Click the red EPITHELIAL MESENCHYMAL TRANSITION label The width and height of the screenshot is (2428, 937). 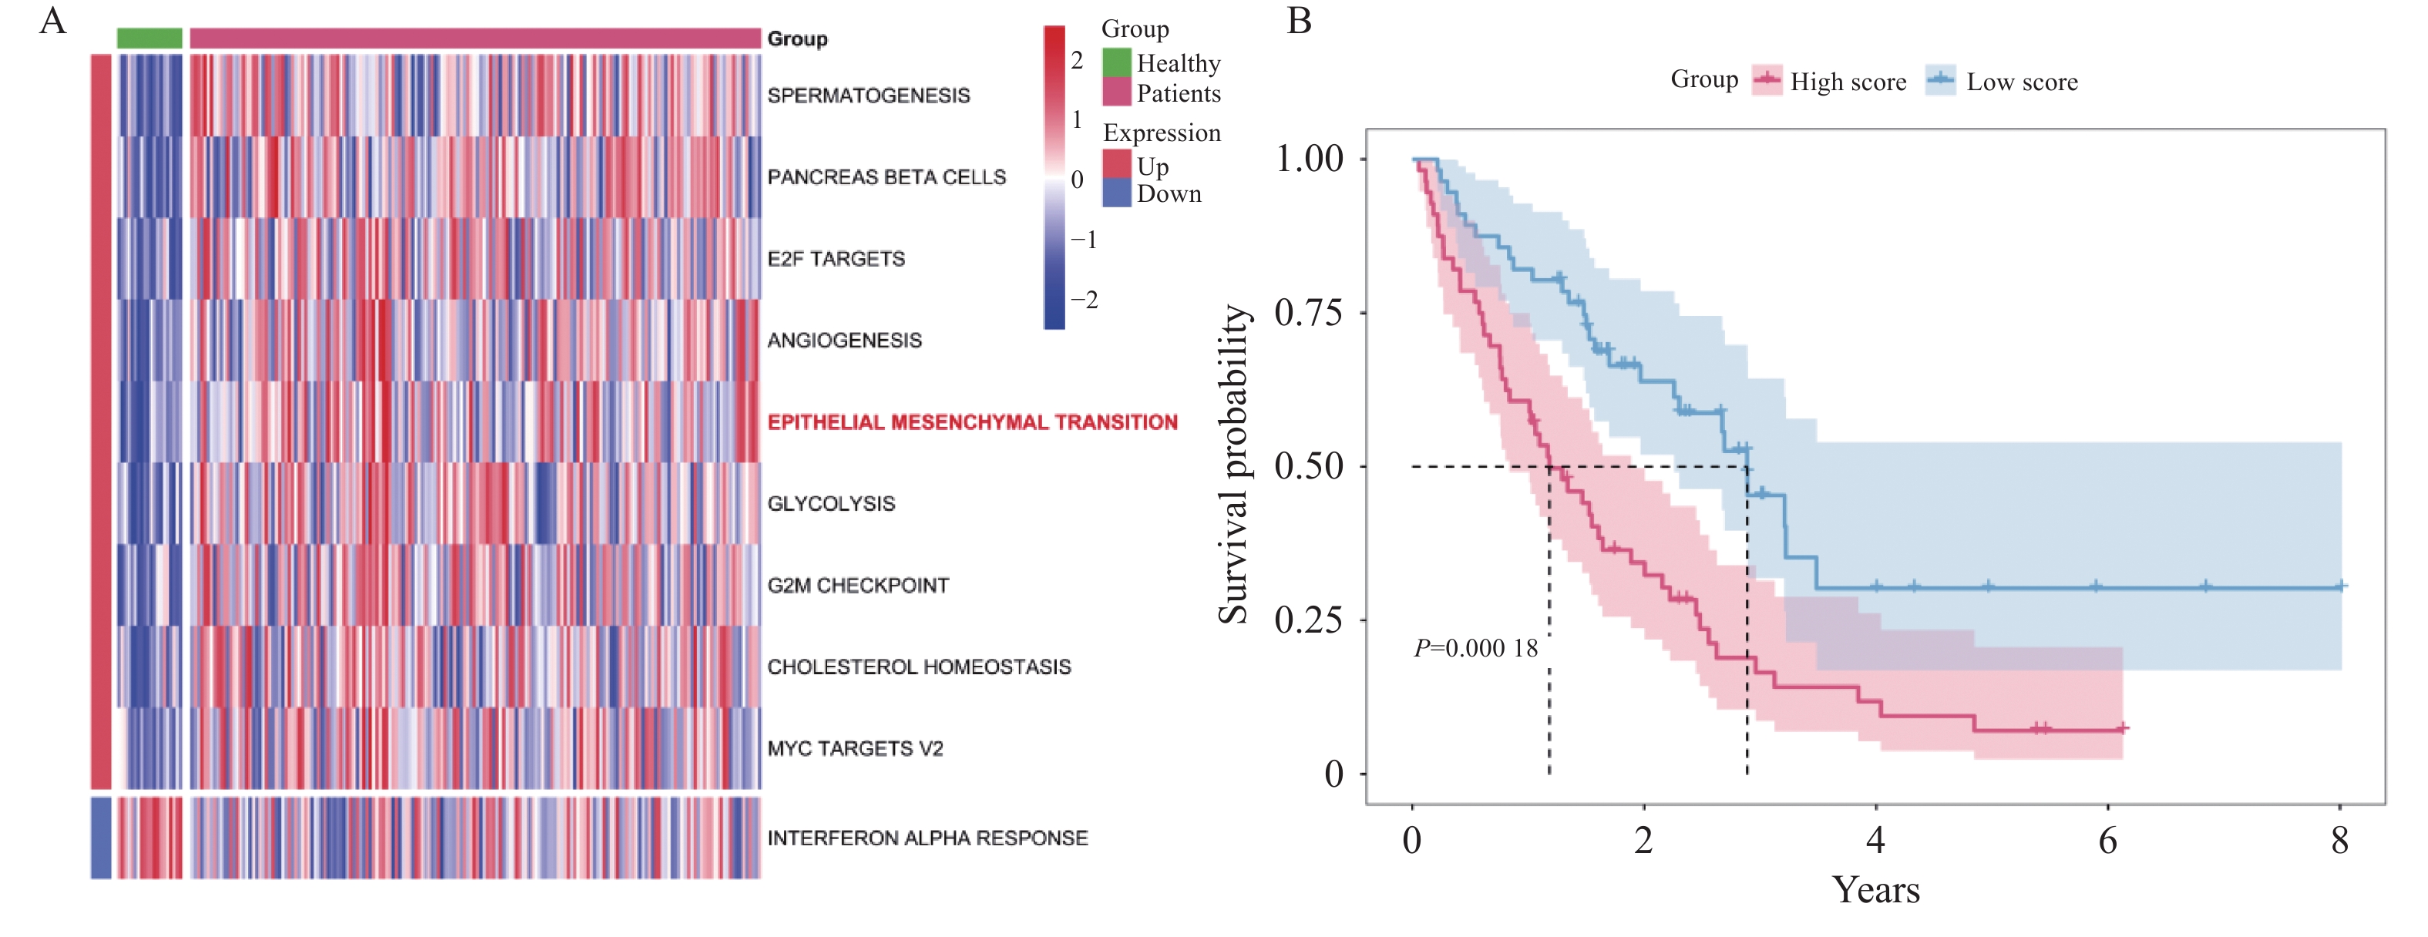tap(972, 422)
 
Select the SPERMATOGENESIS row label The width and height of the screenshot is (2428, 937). tap(868, 96)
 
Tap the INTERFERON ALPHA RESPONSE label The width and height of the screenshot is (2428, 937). tap(927, 838)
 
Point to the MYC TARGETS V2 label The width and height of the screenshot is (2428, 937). tap(855, 748)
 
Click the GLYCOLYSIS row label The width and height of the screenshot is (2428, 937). tap(830, 503)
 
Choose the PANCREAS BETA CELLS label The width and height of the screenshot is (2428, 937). tap(886, 177)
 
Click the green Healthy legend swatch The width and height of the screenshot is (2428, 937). tap(1117, 62)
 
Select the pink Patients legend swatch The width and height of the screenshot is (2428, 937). tap(1117, 92)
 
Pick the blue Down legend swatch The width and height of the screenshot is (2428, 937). tap(1117, 193)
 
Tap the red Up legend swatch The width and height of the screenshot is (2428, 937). tap(1117, 164)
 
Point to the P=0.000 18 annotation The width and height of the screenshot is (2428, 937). tap(1475, 649)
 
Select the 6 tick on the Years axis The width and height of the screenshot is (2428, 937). tap(2107, 840)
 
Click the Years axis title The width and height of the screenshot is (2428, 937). tap(1875, 890)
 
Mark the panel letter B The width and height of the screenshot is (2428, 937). tap(1299, 21)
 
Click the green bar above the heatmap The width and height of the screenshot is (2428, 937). tap(149, 38)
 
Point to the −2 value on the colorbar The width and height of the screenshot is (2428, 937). tap(1085, 300)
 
